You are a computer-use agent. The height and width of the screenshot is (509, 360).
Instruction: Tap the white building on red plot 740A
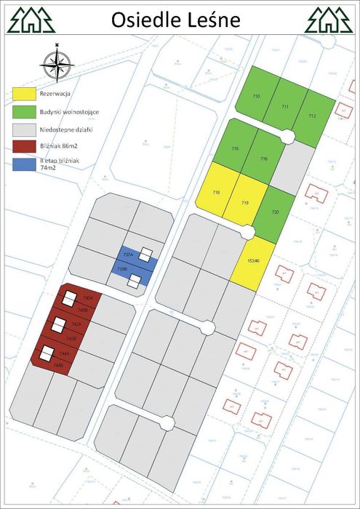coord(71,298)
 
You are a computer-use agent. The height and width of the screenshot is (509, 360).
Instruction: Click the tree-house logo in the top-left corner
coord(31,20)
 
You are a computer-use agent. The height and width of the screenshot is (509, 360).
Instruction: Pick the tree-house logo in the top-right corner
coord(329,20)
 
